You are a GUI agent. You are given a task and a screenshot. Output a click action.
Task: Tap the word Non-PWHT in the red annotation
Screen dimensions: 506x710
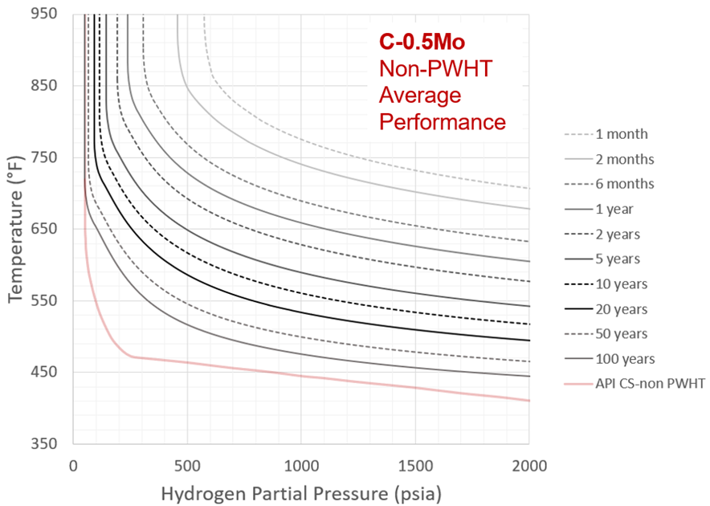(435, 70)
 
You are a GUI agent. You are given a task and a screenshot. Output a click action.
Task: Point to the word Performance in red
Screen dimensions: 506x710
(442, 122)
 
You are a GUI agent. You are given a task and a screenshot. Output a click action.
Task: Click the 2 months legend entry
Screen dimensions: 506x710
(624, 159)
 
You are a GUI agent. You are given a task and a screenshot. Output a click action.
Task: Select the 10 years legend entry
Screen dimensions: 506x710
(621, 284)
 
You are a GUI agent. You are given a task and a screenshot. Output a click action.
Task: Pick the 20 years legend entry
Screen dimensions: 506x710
(621, 309)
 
